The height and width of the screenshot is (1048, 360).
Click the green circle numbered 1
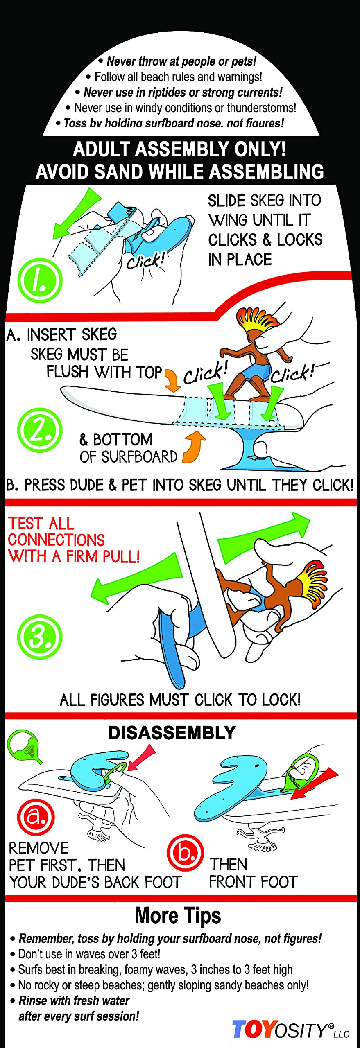coord(40,280)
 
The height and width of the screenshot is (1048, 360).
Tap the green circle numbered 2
coord(40,430)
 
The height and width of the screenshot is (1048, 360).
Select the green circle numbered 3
coord(40,637)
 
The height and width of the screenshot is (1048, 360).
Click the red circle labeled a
coord(36,817)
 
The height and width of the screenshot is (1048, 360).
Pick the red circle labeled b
coord(185,853)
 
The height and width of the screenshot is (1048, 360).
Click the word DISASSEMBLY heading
coord(172,733)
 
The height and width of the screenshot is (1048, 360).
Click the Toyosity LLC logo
coord(290,1030)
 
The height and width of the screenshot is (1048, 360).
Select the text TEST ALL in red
coord(41,524)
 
